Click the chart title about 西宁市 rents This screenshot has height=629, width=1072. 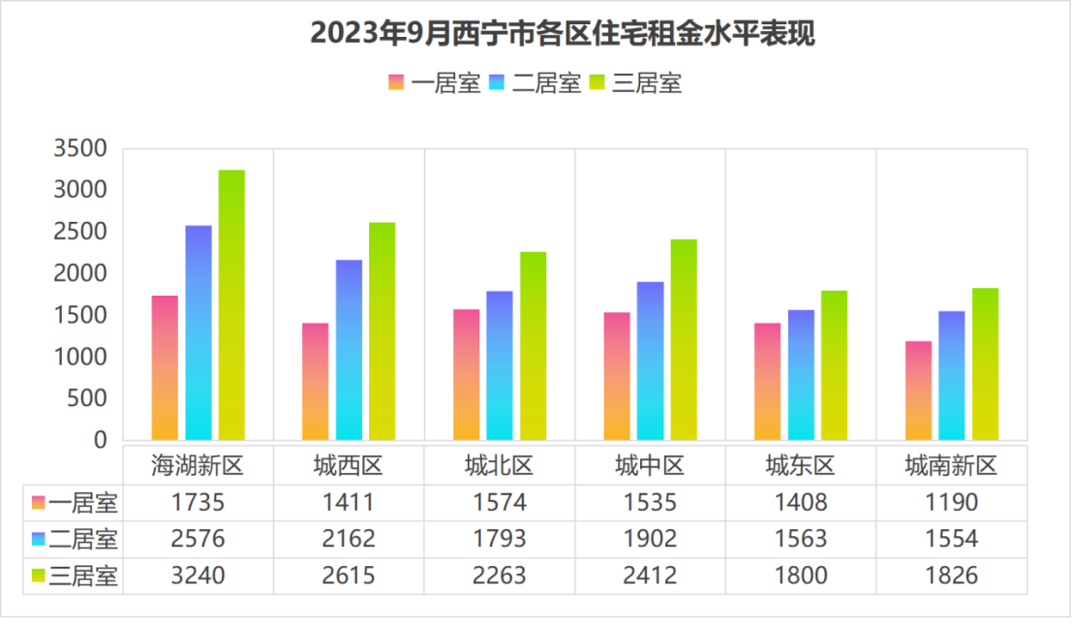pyautogui.click(x=563, y=34)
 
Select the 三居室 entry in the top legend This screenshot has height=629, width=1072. pyautogui.click(x=635, y=83)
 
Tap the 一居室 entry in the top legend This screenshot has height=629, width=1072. pyautogui.click(x=435, y=83)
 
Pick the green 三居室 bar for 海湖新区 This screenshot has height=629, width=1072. pyautogui.click(x=231, y=304)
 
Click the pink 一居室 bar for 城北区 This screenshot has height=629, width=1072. pyautogui.click(x=467, y=374)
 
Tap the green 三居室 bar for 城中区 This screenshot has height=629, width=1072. pyautogui.click(x=684, y=339)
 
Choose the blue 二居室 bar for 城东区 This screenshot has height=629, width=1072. pyautogui.click(x=801, y=374)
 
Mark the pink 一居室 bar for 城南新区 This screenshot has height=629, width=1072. pyautogui.click(x=919, y=390)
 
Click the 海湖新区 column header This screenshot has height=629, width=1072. pyautogui.click(x=198, y=466)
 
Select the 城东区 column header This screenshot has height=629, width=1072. pyautogui.click(x=800, y=466)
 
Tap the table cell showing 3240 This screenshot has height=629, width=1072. pyautogui.click(x=198, y=576)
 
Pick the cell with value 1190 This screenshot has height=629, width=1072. pyautogui.click(x=951, y=503)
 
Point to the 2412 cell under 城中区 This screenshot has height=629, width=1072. pyautogui.click(x=650, y=576)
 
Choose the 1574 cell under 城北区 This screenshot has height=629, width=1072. pyautogui.click(x=499, y=503)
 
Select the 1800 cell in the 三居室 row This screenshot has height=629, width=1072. pyautogui.click(x=801, y=576)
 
